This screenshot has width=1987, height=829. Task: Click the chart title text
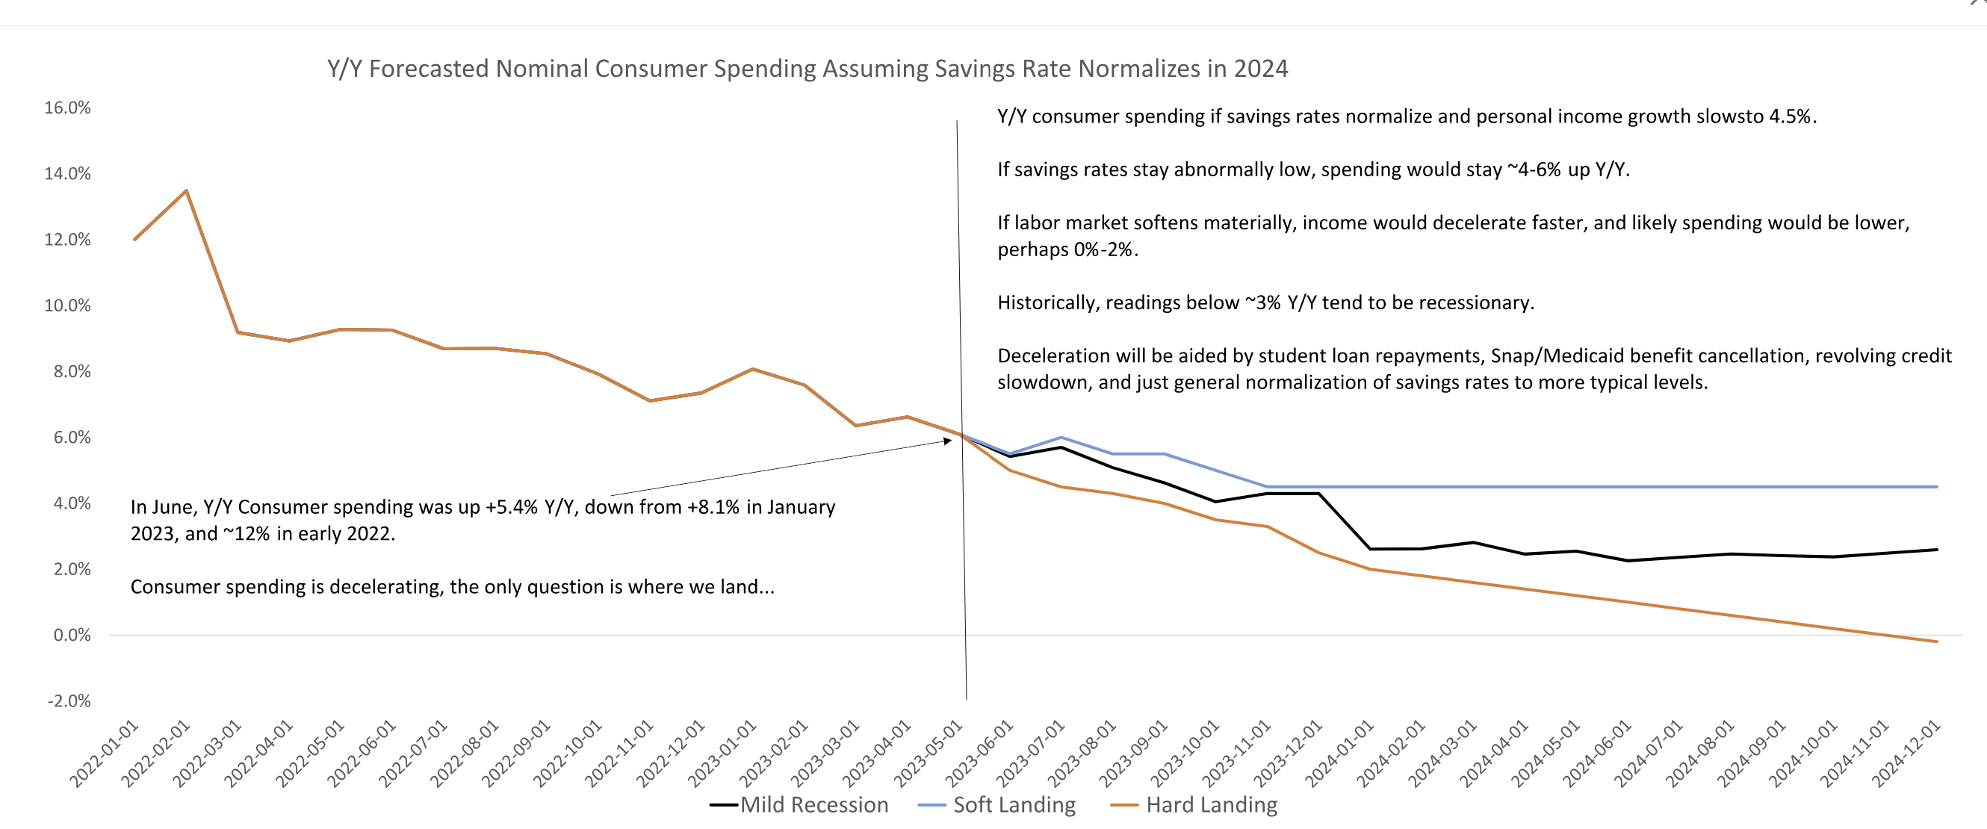(807, 69)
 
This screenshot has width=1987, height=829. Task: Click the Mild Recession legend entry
(813, 804)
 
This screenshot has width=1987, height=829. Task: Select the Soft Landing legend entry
(1014, 804)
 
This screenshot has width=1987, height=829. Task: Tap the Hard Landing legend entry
(1211, 804)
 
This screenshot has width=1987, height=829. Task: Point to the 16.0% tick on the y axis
(67, 108)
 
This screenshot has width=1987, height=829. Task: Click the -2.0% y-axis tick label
(69, 701)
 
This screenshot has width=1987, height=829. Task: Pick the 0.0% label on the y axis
(72, 636)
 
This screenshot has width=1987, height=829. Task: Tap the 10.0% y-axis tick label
(67, 305)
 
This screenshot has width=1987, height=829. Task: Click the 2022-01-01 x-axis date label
(104, 753)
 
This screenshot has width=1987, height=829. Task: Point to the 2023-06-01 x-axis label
(979, 753)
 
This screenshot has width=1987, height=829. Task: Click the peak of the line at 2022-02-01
(186, 190)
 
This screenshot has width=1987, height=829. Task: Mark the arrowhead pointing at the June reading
(948, 441)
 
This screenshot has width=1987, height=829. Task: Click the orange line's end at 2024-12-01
(1937, 642)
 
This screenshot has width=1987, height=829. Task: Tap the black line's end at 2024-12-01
(1937, 550)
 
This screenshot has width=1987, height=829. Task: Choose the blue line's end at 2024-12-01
(1937, 487)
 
